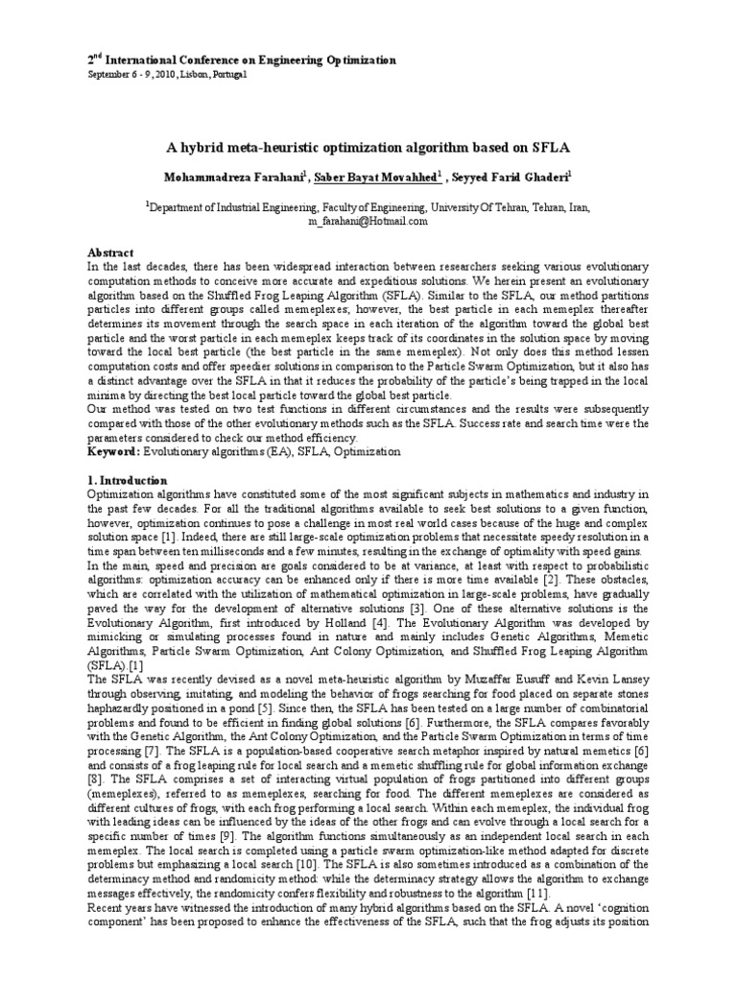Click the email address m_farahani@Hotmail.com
click(x=368, y=220)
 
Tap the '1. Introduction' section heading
click(x=128, y=479)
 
